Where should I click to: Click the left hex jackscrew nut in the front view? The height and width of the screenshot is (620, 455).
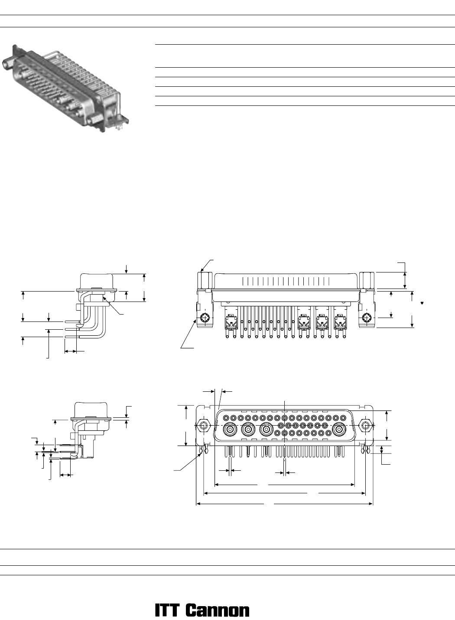204,425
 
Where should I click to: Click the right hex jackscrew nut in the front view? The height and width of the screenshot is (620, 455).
366,425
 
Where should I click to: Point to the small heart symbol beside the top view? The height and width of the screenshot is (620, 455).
422,303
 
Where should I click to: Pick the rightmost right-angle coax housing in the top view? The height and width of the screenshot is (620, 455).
340,321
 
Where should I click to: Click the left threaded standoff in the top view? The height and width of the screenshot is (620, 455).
205,280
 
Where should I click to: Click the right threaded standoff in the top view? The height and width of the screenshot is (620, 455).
367,280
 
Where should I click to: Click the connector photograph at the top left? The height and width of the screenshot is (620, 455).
65,88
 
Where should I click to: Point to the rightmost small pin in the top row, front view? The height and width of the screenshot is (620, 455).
343,418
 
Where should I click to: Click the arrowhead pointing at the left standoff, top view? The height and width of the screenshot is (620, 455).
202,270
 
